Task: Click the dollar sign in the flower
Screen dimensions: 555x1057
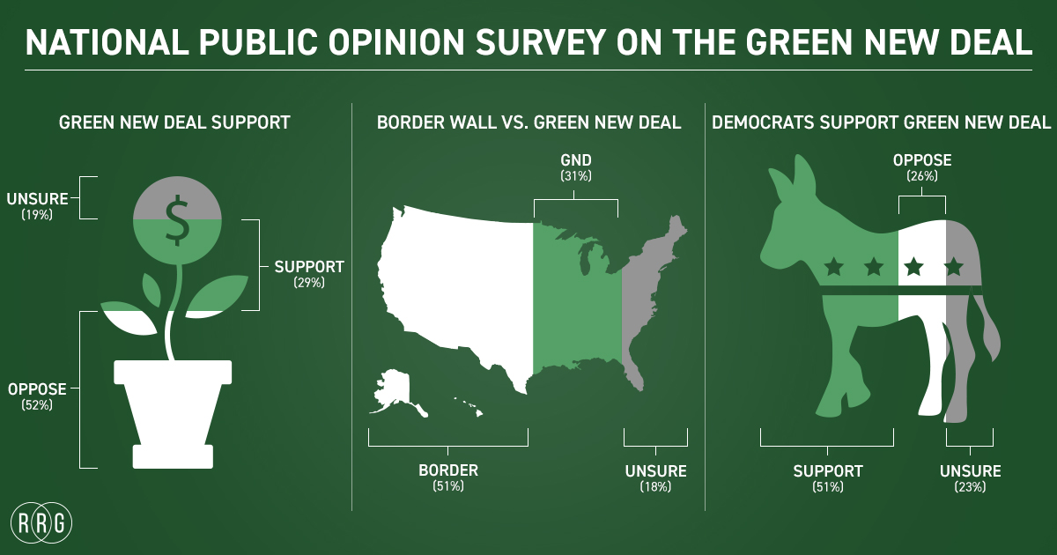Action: point(178,219)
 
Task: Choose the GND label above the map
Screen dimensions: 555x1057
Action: point(575,160)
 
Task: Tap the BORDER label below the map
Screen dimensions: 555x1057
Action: point(447,470)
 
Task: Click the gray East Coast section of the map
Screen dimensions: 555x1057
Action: point(647,300)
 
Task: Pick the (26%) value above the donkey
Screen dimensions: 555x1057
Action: point(921,176)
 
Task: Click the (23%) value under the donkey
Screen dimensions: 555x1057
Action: point(970,486)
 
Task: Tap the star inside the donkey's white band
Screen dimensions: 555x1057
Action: point(913,265)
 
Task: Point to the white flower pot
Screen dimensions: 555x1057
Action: point(173,410)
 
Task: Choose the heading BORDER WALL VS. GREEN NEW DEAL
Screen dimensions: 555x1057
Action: point(528,123)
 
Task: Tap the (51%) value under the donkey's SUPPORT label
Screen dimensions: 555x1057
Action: point(828,486)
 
